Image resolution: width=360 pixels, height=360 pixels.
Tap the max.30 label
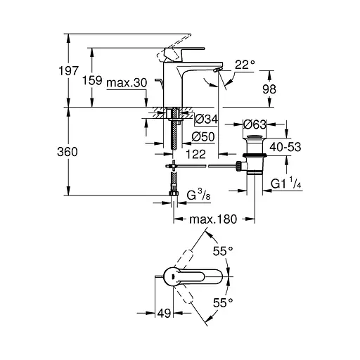pos(127,83)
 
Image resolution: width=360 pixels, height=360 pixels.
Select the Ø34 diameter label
pos(206,118)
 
